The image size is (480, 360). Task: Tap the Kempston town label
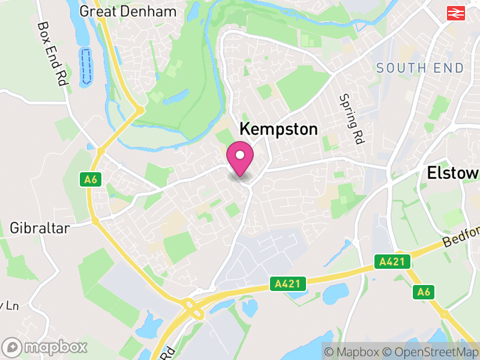tap(278, 129)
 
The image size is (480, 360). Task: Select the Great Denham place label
tap(128, 11)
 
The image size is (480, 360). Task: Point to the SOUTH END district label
tap(420, 68)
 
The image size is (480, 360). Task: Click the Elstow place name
tap(453, 173)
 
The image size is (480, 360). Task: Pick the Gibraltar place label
tap(40, 228)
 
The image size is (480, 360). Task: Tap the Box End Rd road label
tap(52, 54)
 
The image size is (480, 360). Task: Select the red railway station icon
tap(457, 12)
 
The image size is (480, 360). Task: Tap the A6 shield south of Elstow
tap(424, 292)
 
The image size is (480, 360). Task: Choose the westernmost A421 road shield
tap(288, 283)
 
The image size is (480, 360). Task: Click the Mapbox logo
tap(45, 347)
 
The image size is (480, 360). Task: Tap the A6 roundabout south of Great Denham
tap(139, 111)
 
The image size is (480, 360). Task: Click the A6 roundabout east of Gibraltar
tap(95, 221)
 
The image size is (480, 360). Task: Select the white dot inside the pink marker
tap(240, 156)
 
